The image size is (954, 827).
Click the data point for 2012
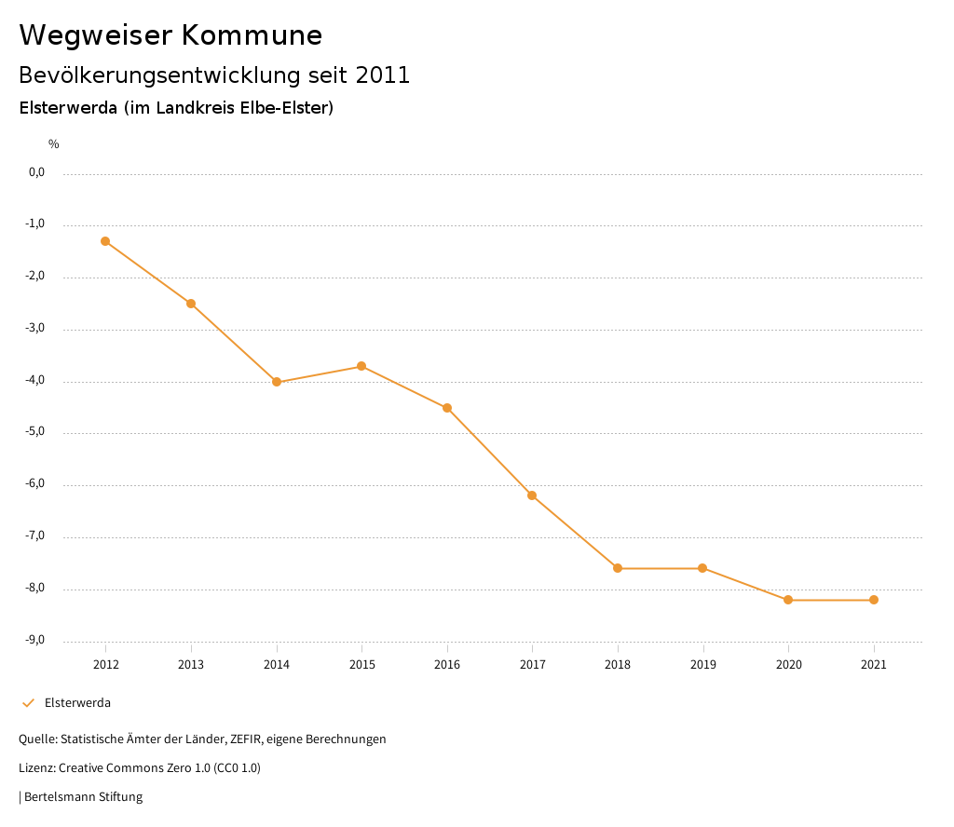click(105, 241)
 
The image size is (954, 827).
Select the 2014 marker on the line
click(277, 382)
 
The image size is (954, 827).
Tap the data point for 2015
click(361, 366)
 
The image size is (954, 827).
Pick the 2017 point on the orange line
click(532, 495)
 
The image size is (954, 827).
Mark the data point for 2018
click(618, 568)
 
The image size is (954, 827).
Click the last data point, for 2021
click(874, 600)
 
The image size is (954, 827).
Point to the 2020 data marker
click(788, 600)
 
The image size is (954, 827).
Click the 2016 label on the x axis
click(447, 665)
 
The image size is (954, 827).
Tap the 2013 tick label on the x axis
click(191, 665)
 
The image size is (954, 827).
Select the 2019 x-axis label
click(703, 665)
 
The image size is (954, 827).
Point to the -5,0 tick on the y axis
click(36, 432)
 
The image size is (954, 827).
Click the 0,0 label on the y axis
click(37, 172)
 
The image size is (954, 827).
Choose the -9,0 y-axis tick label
click(36, 640)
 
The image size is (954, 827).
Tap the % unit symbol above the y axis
click(54, 144)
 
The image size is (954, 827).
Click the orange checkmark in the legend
click(28, 703)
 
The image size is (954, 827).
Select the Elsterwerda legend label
click(77, 703)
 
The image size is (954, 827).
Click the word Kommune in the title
click(252, 35)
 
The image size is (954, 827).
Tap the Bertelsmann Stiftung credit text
click(83, 797)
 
